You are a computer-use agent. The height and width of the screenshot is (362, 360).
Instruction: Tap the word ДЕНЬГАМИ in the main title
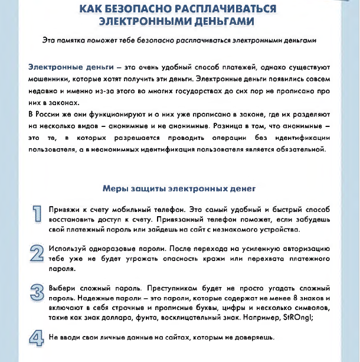pos(218,22)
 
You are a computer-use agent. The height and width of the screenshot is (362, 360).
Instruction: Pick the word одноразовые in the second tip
pos(106,249)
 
